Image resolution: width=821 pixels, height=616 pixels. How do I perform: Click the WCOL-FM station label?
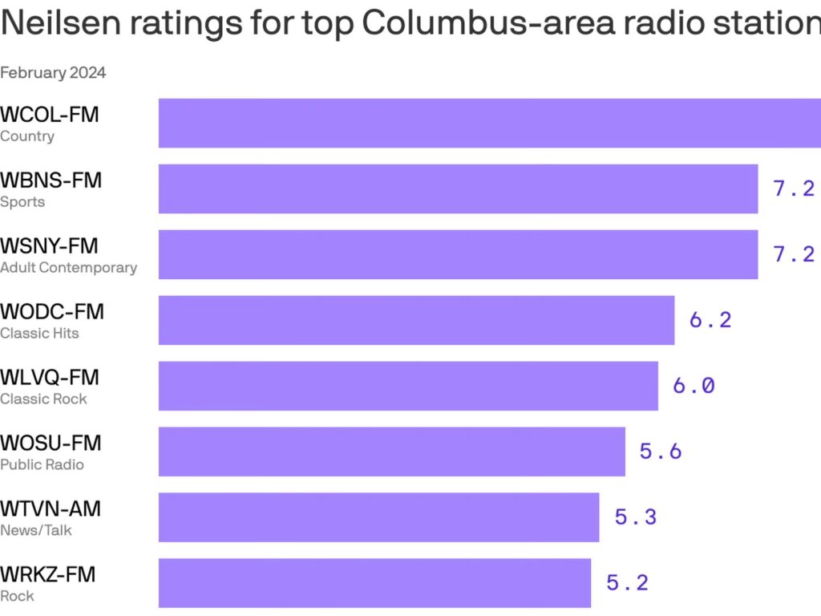(x=50, y=115)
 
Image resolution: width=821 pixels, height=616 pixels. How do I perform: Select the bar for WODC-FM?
(x=416, y=320)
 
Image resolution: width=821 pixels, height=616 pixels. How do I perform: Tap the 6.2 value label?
(x=710, y=320)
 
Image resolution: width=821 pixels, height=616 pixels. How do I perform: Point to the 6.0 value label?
(x=694, y=386)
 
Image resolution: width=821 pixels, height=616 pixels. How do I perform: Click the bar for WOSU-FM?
(x=391, y=452)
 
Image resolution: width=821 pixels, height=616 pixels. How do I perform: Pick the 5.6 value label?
(x=661, y=452)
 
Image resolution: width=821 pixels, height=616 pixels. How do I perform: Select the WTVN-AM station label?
(x=51, y=509)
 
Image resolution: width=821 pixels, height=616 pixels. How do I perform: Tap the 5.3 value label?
(x=636, y=517)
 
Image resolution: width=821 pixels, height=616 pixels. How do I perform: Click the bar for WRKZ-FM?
(x=374, y=583)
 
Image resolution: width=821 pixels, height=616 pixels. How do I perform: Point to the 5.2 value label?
(x=627, y=583)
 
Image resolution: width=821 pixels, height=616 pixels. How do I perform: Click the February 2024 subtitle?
(x=53, y=73)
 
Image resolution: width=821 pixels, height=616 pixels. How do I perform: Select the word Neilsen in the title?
(x=57, y=24)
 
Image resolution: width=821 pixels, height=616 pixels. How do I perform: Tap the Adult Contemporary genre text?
(x=68, y=268)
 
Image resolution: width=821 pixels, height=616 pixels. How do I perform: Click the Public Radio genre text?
(x=42, y=465)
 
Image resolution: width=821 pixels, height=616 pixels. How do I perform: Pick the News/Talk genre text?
(x=36, y=531)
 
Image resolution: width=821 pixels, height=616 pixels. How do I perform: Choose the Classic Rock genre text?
(x=43, y=399)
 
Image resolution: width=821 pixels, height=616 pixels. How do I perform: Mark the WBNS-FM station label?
(x=51, y=180)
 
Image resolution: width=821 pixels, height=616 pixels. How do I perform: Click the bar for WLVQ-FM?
(x=408, y=386)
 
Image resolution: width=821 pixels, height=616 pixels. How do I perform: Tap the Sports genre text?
(x=22, y=202)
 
